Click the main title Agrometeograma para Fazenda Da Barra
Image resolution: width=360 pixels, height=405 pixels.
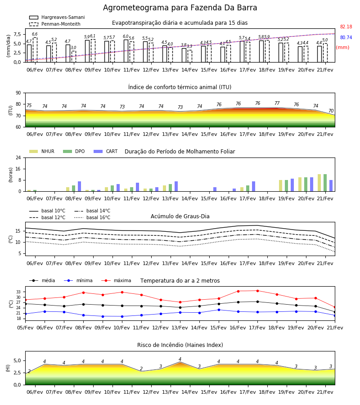180,8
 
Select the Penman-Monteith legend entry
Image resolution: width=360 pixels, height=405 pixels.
55,24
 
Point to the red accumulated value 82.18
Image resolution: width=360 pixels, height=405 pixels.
346,27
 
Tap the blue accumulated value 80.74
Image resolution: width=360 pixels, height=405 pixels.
346,37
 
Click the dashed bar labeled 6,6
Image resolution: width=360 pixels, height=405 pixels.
35,50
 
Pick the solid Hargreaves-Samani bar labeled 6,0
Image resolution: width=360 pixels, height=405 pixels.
126,51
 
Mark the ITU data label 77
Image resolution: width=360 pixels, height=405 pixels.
277,103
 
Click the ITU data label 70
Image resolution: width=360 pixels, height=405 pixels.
331,111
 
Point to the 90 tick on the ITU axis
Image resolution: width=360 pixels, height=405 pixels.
18,93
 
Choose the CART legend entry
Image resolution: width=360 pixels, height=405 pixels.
106,151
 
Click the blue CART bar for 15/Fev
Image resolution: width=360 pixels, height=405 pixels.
215,189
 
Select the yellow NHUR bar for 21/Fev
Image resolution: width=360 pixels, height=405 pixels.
319,183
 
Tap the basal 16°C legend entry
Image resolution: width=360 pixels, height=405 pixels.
92,217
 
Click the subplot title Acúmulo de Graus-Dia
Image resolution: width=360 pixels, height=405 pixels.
180,216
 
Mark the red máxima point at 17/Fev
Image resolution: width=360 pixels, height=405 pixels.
257,291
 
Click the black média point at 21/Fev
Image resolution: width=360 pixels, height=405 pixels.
335,312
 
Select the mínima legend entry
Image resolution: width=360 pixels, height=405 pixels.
78,280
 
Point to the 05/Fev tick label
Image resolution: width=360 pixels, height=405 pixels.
25,328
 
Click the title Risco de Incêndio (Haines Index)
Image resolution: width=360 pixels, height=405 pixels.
180,345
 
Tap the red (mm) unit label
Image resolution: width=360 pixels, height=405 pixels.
342,48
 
